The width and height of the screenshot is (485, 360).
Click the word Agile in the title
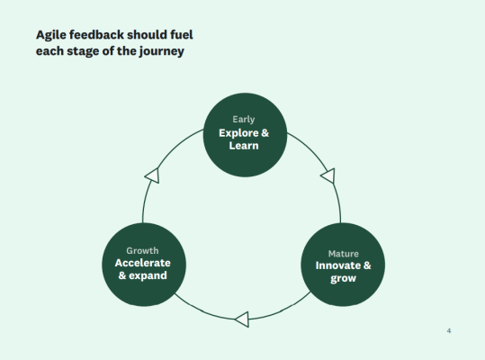coord(52,35)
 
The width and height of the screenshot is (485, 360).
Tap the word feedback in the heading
coord(103,35)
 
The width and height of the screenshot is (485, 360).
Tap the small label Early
coord(243,119)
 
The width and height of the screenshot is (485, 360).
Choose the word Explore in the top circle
coord(238,133)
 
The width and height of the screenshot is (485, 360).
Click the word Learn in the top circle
coord(244,146)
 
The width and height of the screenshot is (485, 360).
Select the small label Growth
coord(142,249)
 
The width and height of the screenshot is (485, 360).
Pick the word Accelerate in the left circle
coord(142,263)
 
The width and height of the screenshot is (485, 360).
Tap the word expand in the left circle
coord(149,275)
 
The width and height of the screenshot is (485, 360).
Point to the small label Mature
coord(343,253)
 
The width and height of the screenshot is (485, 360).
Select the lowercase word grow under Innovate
coord(343,279)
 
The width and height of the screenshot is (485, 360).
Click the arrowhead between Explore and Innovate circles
coord(328,175)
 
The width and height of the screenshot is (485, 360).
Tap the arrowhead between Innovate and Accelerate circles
coord(241,319)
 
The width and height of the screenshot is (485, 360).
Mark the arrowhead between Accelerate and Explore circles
coord(152,175)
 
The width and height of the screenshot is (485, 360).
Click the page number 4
coord(449,332)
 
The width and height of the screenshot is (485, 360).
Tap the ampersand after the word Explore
coord(265,133)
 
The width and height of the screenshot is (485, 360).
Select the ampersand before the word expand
coord(123,275)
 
